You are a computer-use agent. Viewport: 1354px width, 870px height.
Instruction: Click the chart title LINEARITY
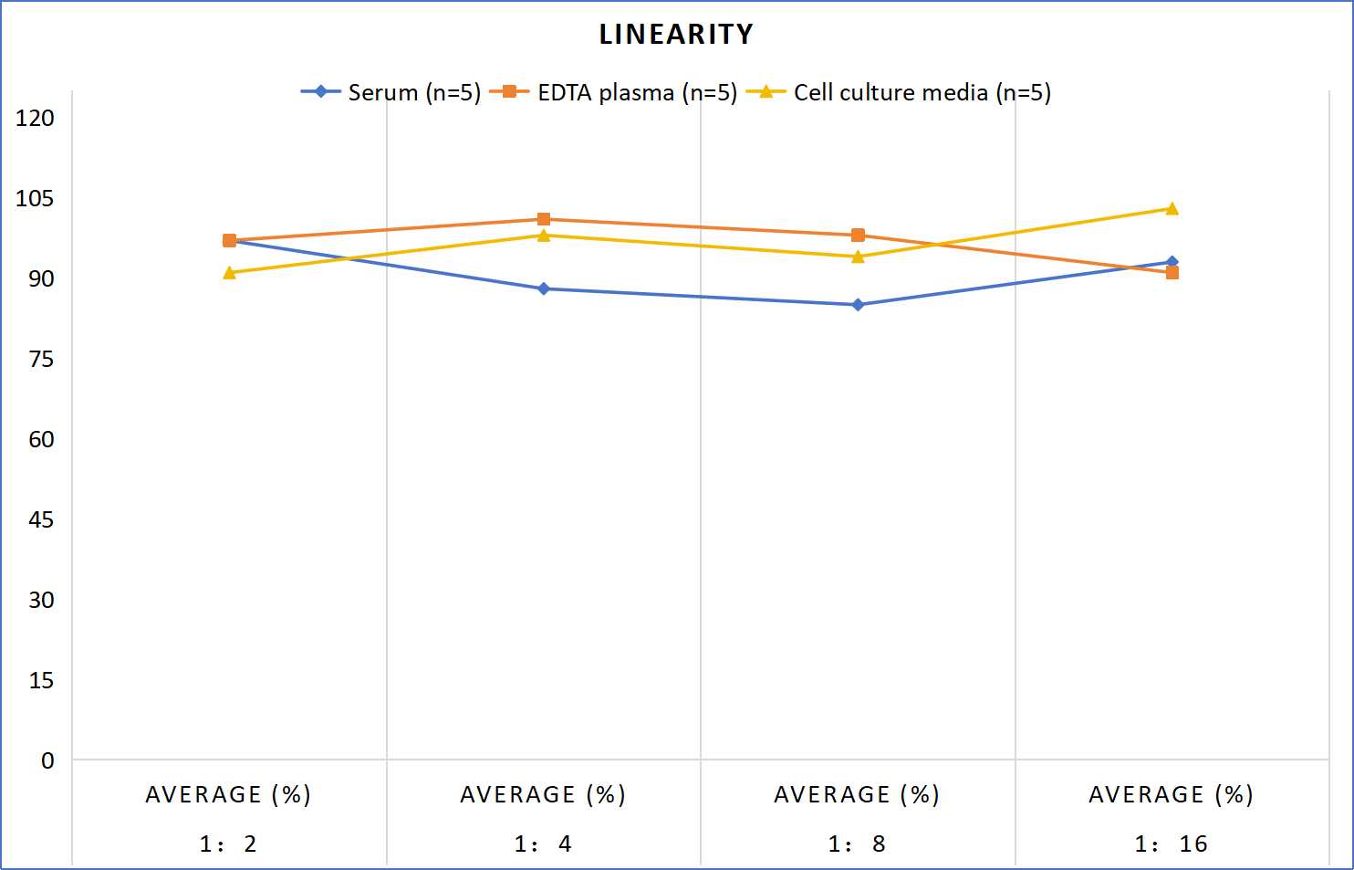(x=676, y=34)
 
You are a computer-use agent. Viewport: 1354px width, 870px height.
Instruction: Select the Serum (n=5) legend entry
(x=391, y=92)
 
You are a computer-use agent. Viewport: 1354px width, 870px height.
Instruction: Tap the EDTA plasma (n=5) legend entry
(x=613, y=92)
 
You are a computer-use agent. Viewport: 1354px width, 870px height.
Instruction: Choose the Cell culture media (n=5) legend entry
(x=898, y=92)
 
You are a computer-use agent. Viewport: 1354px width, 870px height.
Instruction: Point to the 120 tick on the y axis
(x=35, y=118)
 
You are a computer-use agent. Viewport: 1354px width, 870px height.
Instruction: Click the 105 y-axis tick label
(x=35, y=198)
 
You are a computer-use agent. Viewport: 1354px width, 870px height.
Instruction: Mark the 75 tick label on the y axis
(x=41, y=360)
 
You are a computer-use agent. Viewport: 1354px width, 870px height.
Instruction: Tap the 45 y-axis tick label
(x=41, y=519)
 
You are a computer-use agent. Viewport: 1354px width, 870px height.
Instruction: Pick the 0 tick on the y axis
(x=47, y=760)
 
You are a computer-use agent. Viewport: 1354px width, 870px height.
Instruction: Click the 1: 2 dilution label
(x=228, y=844)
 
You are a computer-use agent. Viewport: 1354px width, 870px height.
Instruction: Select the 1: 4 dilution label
(x=543, y=844)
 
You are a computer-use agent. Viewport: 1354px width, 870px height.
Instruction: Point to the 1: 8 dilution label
(x=857, y=844)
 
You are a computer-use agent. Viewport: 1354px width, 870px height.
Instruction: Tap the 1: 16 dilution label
(x=1172, y=844)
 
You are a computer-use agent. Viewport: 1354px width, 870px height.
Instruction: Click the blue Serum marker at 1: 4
(x=544, y=288)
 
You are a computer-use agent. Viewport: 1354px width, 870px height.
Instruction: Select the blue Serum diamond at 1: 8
(x=858, y=305)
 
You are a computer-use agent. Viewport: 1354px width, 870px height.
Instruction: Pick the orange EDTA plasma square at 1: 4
(x=544, y=219)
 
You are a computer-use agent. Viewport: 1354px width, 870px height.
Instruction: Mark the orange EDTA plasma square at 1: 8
(x=858, y=236)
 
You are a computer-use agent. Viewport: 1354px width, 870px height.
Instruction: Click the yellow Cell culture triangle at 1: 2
(x=229, y=273)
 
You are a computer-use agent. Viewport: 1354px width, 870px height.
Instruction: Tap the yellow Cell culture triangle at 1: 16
(x=1172, y=209)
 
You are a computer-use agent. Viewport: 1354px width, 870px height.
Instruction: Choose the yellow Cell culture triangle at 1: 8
(x=858, y=257)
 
